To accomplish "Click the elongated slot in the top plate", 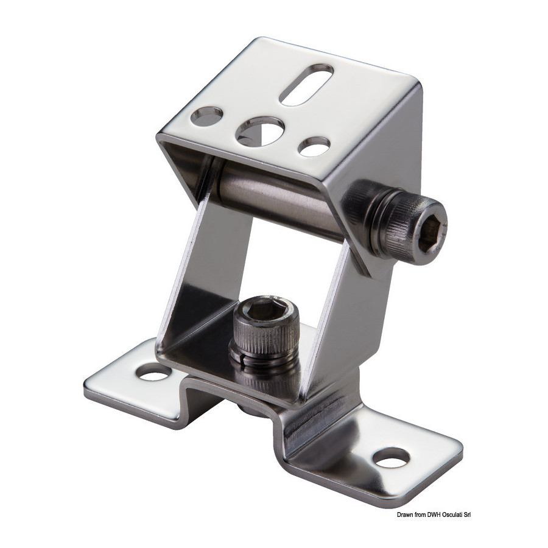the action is pyautogui.click(x=306, y=84).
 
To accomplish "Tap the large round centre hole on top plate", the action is pyautogui.click(x=260, y=132).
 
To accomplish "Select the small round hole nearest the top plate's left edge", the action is pyautogui.click(x=207, y=116).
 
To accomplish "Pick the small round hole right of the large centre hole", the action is pyautogui.click(x=314, y=146).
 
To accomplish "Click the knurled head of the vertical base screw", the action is pyautogui.click(x=266, y=329).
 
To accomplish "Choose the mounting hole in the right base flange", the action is pyautogui.click(x=391, y=457).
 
